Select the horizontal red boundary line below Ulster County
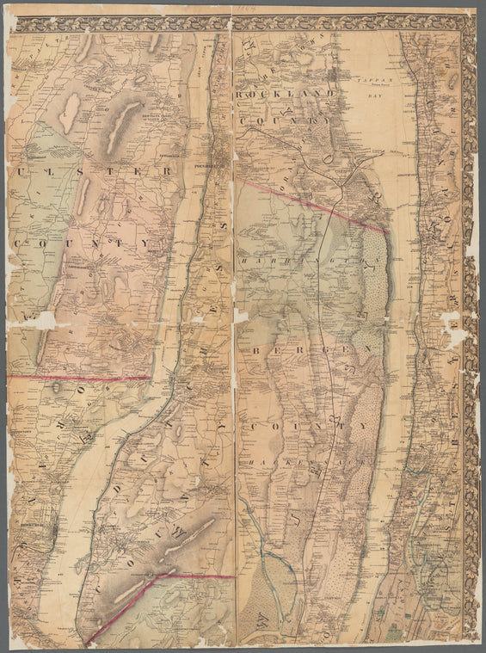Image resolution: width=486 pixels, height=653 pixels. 82,378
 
